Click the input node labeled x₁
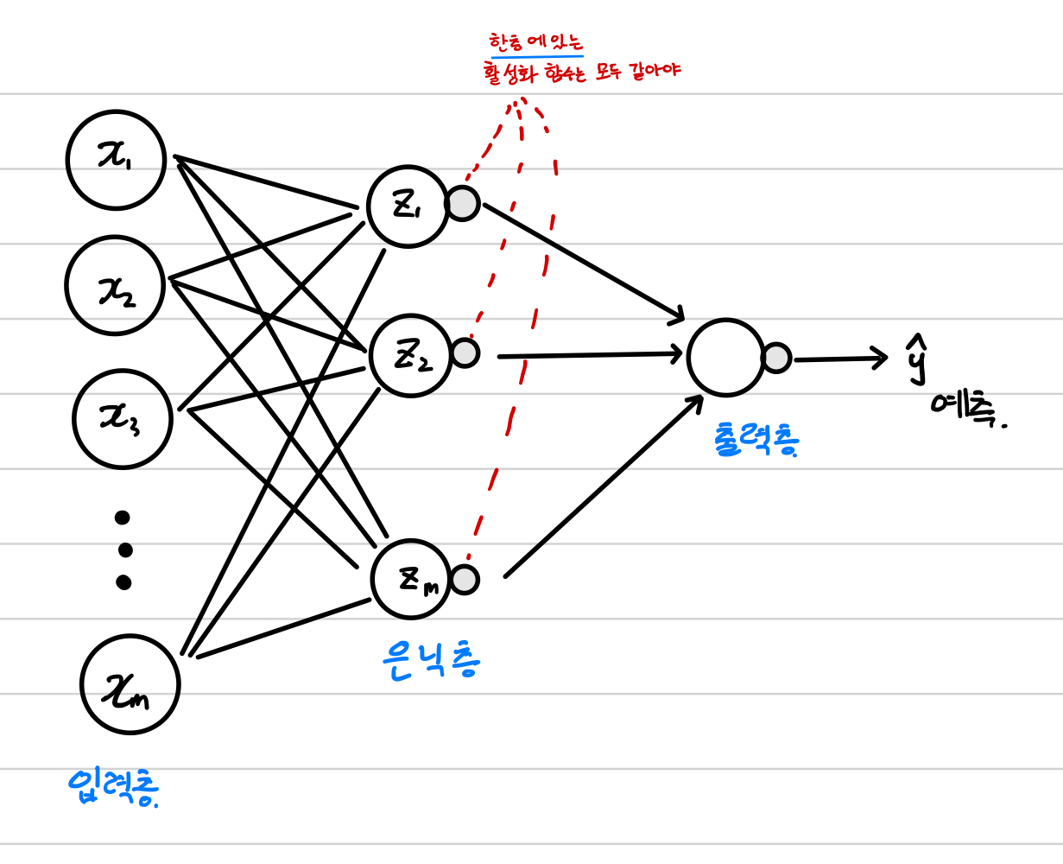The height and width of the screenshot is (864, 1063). pos(116,161)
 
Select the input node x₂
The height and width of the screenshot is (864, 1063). pos(114,284)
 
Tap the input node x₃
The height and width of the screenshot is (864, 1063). pos(123,419)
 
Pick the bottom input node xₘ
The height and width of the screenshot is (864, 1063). pos(130,683)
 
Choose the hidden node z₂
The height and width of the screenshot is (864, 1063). pos(410,354)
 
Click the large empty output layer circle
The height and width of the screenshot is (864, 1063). pos(726,357)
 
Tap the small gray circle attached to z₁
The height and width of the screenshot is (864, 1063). pos(463,204)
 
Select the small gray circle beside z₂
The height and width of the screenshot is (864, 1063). pos(465,353)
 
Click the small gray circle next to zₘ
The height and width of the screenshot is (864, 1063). pos(465,580)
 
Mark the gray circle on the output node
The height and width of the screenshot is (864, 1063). pos(776,358)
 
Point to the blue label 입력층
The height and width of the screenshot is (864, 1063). pos(115,786)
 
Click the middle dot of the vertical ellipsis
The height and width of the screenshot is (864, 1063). pos(124,550)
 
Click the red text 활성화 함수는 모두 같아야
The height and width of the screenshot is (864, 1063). pos(583,72)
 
